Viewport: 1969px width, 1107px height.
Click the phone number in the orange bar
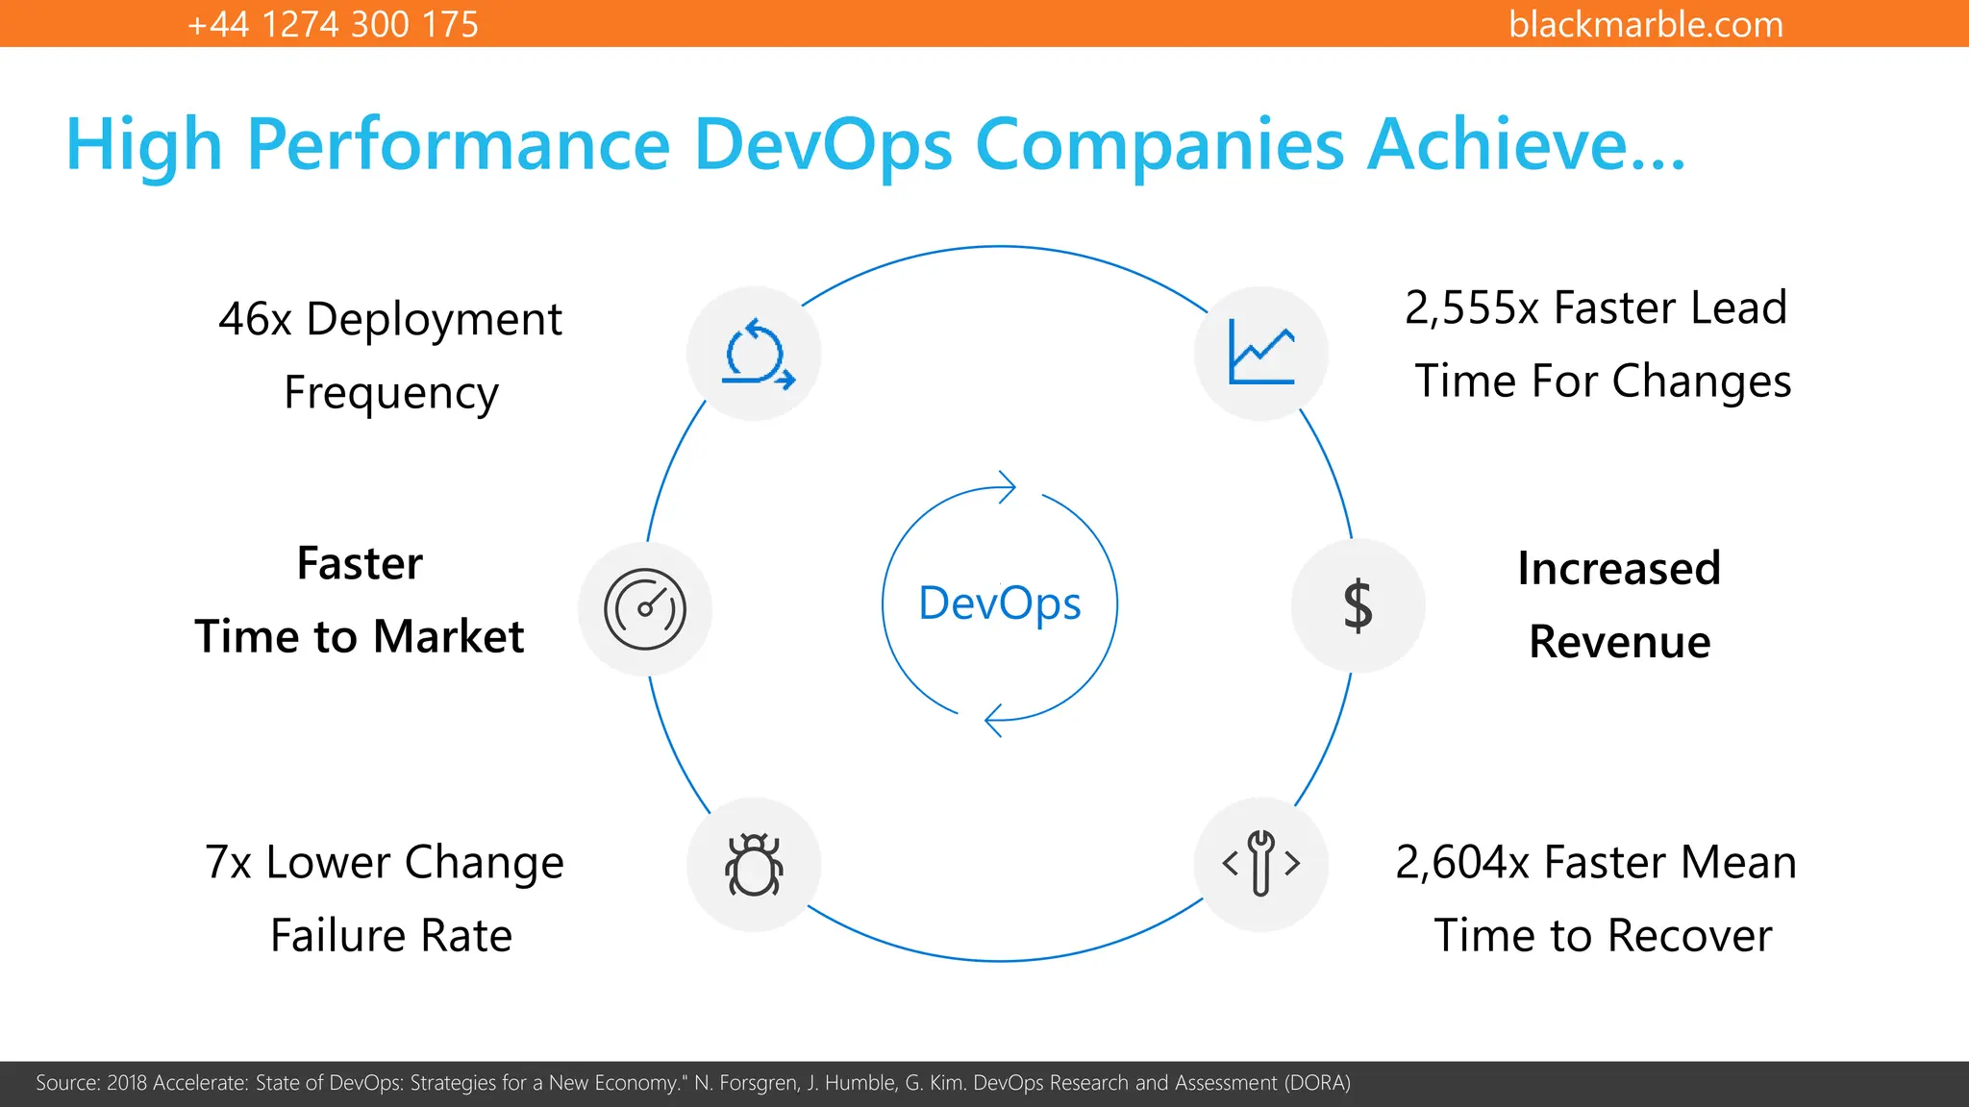pos(333,24)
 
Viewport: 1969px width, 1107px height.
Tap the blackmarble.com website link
pos(1645,24)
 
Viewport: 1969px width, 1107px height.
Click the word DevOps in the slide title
pos(823,145)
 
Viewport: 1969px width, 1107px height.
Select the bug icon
pos(754,865)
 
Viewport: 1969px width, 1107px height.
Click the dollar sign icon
pos(1358,606)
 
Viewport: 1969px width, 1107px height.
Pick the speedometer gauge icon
pos(645,609)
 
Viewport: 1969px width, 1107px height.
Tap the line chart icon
pos(1261,353)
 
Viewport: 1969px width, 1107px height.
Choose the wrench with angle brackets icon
pos(1261,863)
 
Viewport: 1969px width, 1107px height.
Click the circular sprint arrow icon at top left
pos(757,354)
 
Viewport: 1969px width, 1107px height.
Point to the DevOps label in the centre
pos(1000,603)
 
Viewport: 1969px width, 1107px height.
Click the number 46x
pos(255,319)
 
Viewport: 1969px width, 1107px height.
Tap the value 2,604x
pos(1462,862)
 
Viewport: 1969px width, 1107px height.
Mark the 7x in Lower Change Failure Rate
pos(228,862)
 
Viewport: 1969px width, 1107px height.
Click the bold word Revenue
pos(1620,642)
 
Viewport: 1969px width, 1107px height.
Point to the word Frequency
pos(391,393)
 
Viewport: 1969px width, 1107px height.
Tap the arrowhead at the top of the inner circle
pos(1007,487)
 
